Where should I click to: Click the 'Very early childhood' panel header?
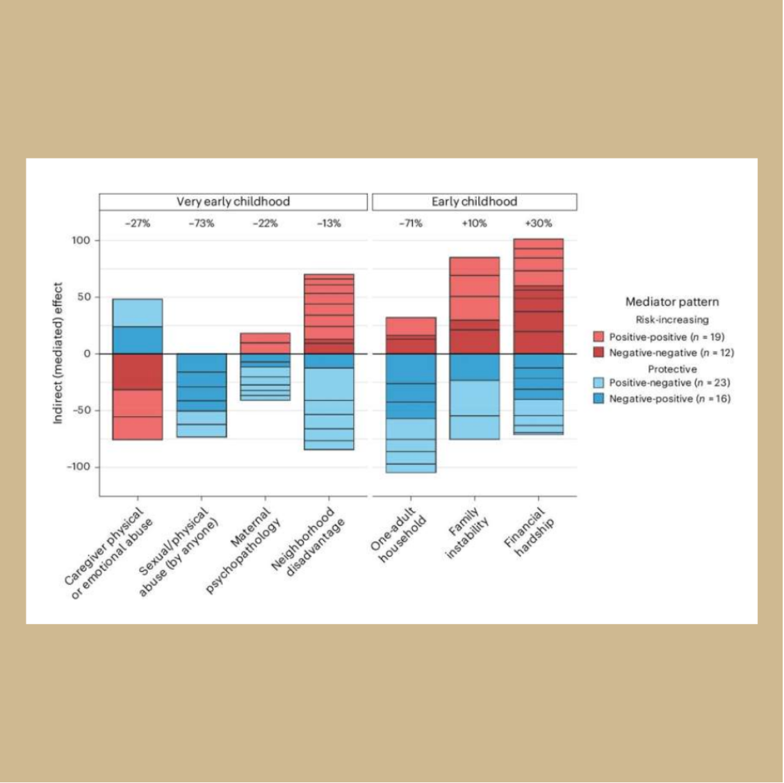(x=233, y=201)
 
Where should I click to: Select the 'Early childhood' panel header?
(x=474, y=201)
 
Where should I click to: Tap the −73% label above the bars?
(x=201, y=224)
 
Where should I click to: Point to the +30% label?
(x=539, y=224)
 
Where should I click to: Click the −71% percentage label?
(x=411, y=224)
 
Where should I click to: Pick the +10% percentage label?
(x=475, y=224)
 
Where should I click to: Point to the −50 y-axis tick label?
(x=83, y=410)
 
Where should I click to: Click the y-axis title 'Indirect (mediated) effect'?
(x=58, y=353)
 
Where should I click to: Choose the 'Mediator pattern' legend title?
(x=672, y=302)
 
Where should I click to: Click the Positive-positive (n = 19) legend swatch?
(x=598, y=337)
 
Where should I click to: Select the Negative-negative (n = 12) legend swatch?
(x=598, y=352)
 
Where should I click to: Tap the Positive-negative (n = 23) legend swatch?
(x=598, y=383)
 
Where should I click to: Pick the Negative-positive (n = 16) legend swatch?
(x=598, y=399)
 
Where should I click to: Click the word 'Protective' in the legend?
(x=672, y=369)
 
